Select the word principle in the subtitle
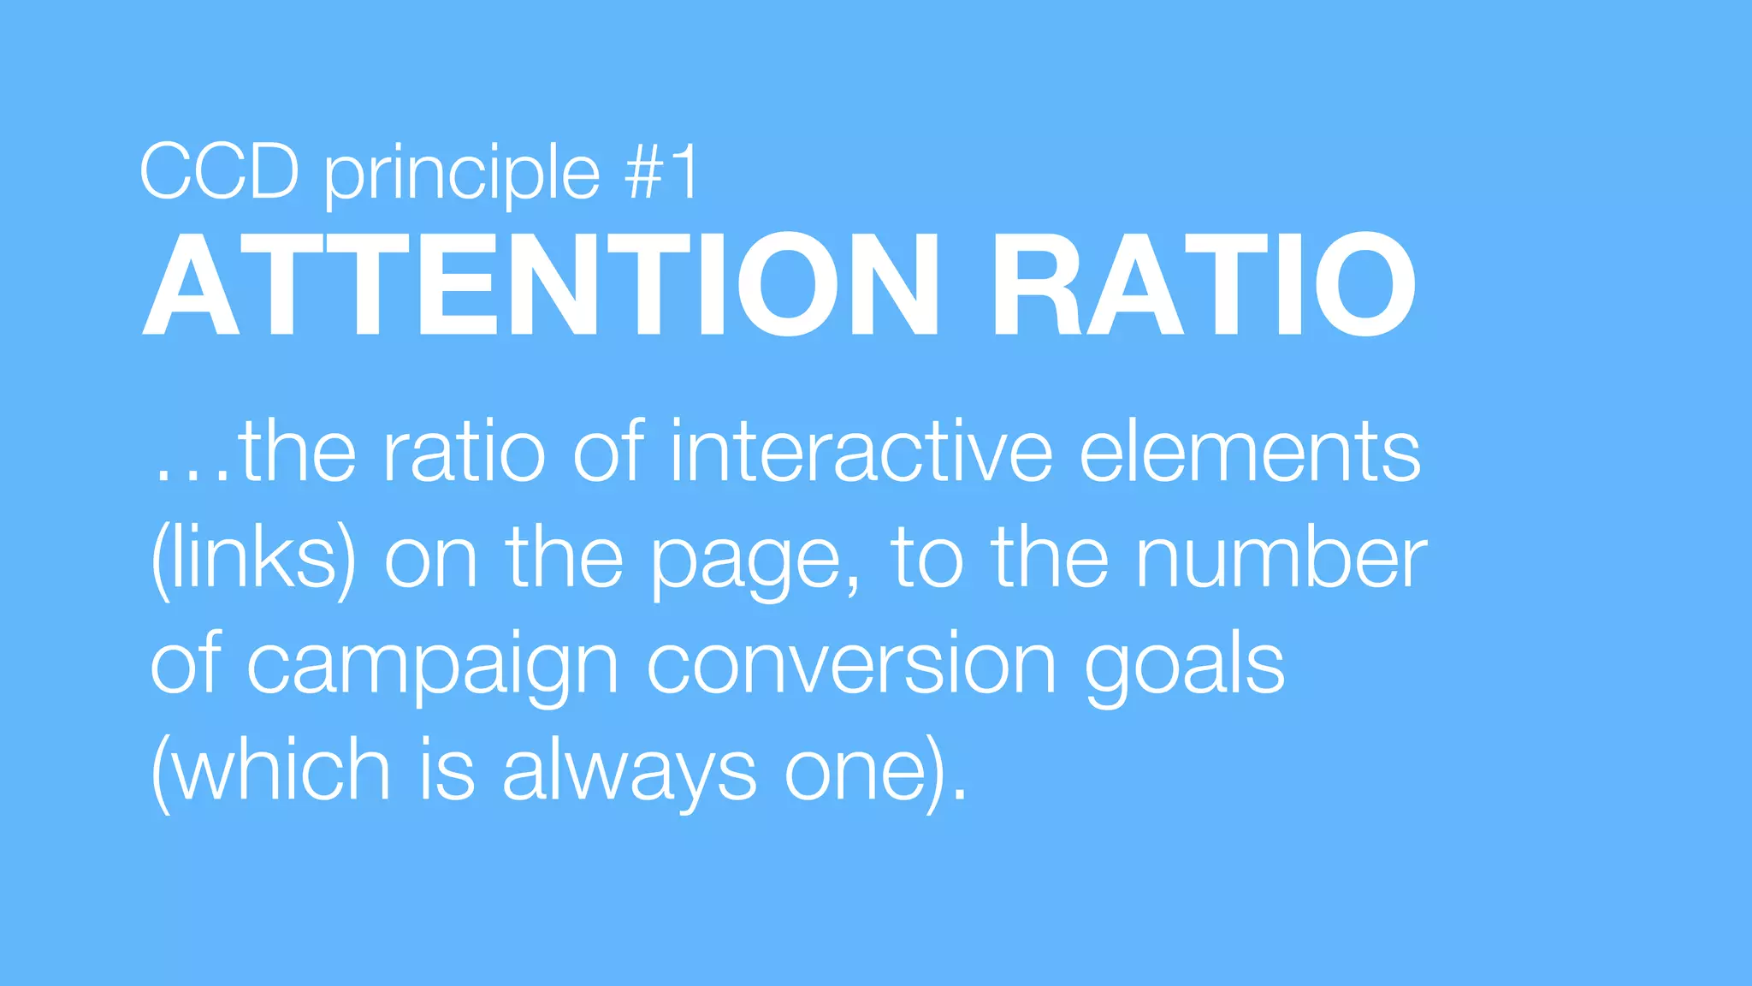462,175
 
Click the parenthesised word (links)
253,560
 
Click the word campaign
432,668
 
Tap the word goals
1185,668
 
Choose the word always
629,774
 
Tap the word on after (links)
430,561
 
